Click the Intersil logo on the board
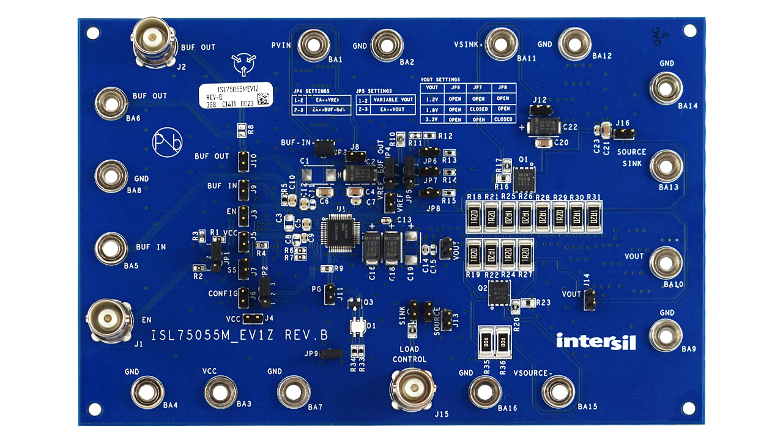tap(596, 341)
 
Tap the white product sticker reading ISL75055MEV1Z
tap(235, 97)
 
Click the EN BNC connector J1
tap(110, 318)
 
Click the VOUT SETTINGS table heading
tap(440, 79)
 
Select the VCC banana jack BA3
tap(220, 391)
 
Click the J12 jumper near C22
tap(540, 111)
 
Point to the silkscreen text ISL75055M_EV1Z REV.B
tap(240, 335)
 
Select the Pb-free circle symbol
tap(167, 142)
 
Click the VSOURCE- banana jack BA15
tap(558, 391)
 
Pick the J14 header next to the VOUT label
tap(590, 299)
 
